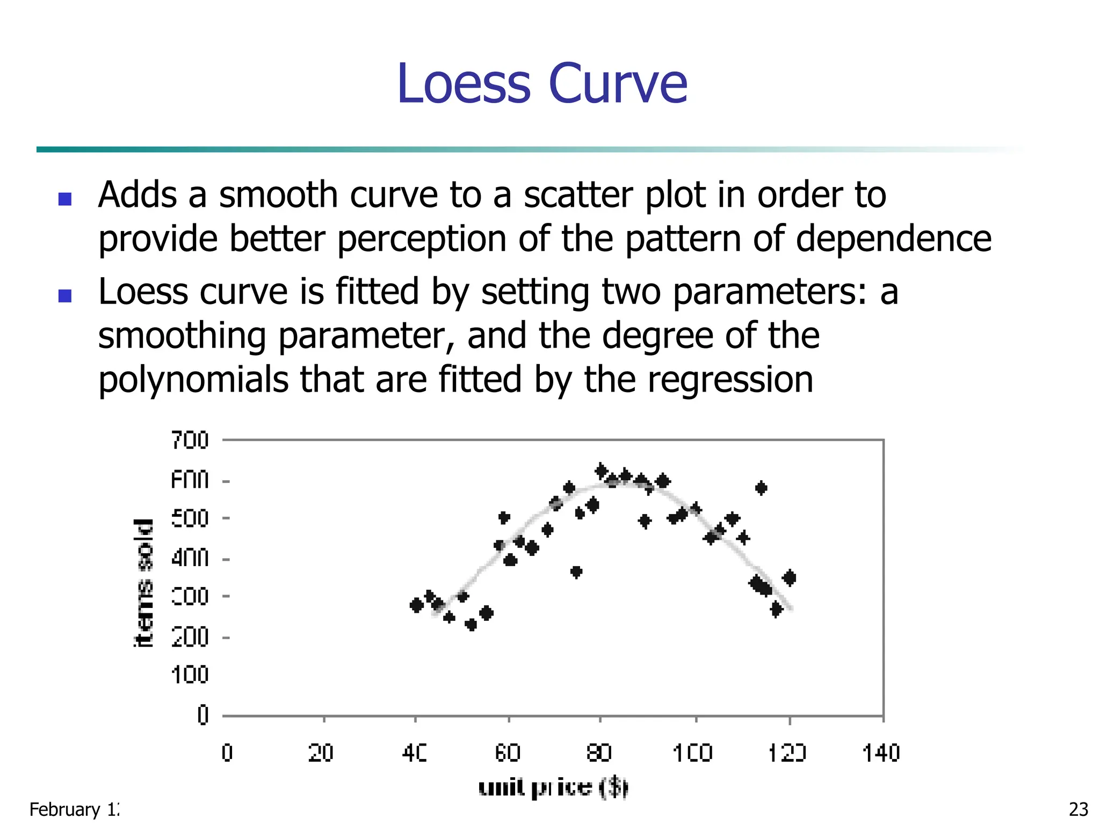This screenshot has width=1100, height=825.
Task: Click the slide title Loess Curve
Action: click(542, 84)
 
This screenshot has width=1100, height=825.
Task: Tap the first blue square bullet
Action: click(65, 199)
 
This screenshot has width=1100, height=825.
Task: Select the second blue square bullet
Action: click(65, 296)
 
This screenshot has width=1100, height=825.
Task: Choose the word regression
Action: click(730, 380)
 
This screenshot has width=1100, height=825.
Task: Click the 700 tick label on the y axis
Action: click(190, 440)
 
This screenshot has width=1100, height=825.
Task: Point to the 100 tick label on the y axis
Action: click(190, 675)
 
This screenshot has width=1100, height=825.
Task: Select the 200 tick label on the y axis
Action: click(190, 638)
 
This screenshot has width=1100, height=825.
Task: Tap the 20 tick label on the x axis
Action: click(321, 753)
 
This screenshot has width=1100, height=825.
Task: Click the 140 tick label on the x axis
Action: click(881, 753)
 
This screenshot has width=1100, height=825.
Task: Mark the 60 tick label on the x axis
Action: click(508, 753)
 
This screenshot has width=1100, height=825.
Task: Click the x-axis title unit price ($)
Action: click(553, 787)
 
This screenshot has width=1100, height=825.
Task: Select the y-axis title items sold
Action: click(143, 583)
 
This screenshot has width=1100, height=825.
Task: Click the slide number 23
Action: click(1079, 809)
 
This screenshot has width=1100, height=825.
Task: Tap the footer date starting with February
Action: click(74, 809)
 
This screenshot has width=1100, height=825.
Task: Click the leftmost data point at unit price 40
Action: click(416, 605)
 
